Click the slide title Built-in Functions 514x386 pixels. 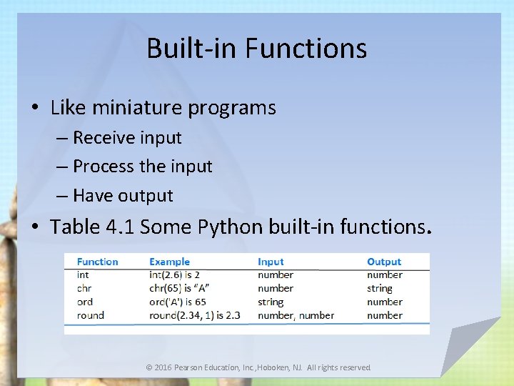(x=257, y=49)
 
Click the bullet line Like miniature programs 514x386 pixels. (x=163, y=108)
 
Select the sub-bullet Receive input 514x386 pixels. (x=127, y=137)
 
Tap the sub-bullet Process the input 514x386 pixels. (x=142, y=167)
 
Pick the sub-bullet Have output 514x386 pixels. (x=123, y=196)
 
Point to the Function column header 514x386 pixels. (x=97, y=262)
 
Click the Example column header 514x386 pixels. (x=169, y=262)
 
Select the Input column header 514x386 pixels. (x=271, y=262)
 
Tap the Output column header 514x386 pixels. (x=384, y=262)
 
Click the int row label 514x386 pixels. (x=83, y=274)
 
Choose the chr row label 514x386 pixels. (x=84, y=288)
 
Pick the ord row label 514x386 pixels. (x=84, y=302)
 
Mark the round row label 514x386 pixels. (x=90, y=315)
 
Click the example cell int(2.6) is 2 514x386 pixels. (x=174, y=274)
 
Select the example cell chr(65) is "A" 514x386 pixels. (x=178, y=288)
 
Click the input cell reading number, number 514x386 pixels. (x=296, y=315)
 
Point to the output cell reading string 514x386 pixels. (x=380, y=288)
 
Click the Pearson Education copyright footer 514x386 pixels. (x=258, y=367)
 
